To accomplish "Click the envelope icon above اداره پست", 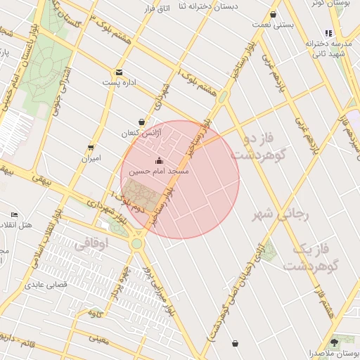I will click(x=119, y=72).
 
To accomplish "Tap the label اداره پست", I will click(x=119, y=82).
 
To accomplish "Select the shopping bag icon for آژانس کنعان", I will click(x=141, y=122).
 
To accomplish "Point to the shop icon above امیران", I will click(x=91, y=148).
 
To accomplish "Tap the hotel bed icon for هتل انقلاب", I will click(x=15, y=214).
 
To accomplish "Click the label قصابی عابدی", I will click(x=45, y=285).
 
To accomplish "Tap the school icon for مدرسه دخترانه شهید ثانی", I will click(x=327, y=33).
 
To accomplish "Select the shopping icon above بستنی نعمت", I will click(x=273, y=14).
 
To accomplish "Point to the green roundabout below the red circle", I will click(x=136, y=243).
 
